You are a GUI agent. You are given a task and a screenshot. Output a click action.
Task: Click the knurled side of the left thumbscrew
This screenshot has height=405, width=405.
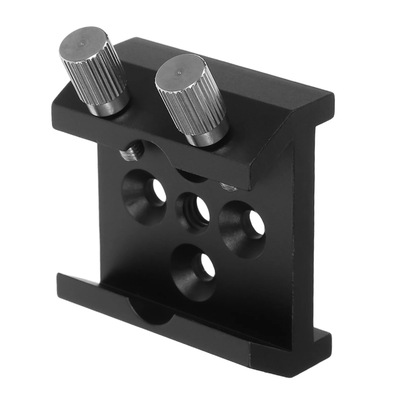[x=99, y=81]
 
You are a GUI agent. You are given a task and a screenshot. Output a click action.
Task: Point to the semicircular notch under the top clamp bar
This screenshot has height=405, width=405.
[x=192, y=177]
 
